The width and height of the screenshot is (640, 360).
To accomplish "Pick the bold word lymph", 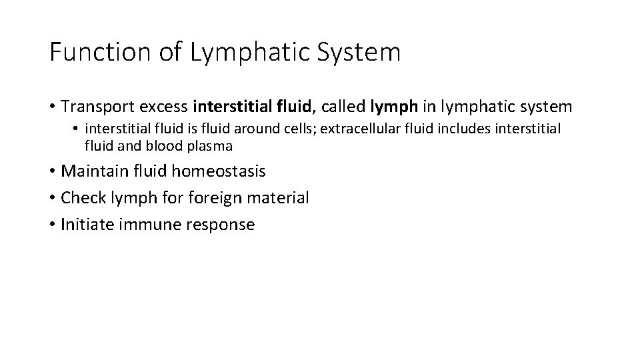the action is (393, 106).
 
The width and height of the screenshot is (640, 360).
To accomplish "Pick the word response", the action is (221, 225).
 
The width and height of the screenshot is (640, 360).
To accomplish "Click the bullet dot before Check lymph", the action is (52, 198).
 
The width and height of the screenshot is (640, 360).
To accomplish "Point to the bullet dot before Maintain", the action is (52, 171).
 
